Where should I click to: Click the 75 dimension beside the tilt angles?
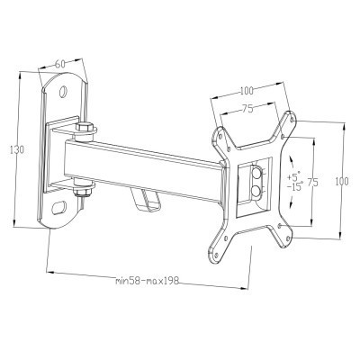[x=313, y=183]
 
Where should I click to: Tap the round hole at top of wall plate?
[x=64, y=92]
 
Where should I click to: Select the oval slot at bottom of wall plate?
[x=60, y=209]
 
